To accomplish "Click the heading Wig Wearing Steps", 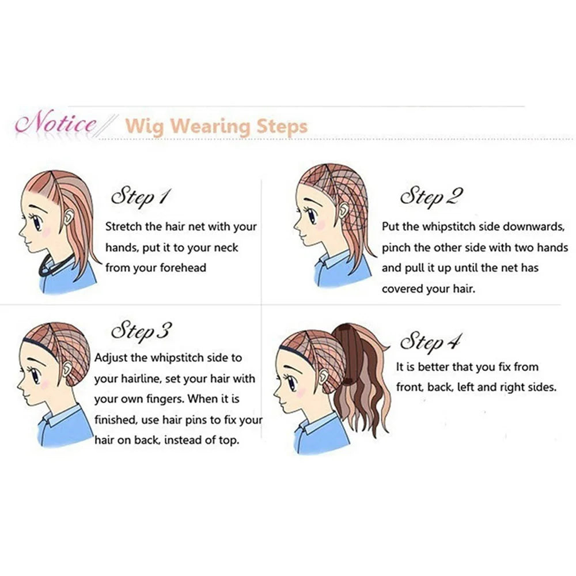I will pos(216,126).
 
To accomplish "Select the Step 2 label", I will pos(431,196).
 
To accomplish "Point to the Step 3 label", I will pos(141,331).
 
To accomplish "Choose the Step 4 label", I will pos(430,341).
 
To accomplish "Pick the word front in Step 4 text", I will pos(410,387).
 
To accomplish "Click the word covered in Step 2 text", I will pos(402,289).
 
